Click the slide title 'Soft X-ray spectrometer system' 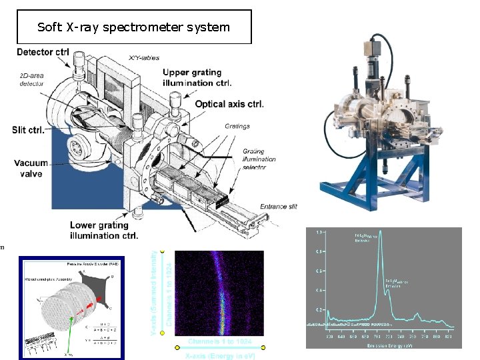133,27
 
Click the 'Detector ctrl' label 43,53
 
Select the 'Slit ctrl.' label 28,129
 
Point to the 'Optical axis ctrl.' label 229,104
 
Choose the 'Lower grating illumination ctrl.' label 103,230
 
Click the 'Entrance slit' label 278,207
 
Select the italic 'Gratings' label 236,126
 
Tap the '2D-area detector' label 33,81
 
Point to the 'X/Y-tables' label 143,57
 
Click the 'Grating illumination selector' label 259,159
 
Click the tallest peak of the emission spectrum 380,241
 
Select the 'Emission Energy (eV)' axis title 391,345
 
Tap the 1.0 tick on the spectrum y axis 319,231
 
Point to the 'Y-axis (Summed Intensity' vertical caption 155,293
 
